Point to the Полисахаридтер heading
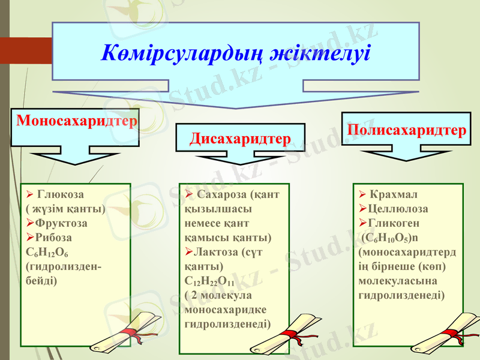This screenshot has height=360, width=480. click(406, 130)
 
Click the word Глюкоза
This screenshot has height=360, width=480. click(61, 194)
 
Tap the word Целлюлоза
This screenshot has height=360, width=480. click(397, 209)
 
